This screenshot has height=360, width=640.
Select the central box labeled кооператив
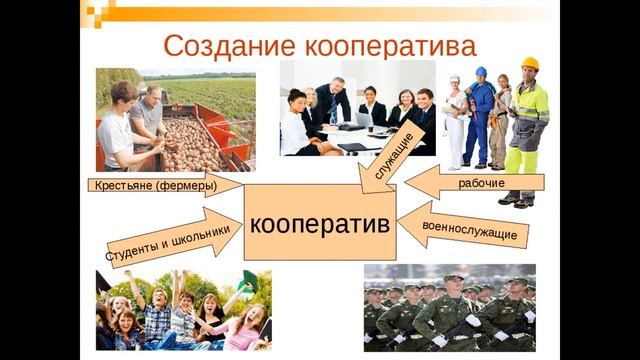pos(320,223)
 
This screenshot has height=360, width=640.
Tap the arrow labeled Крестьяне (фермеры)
pos(160,185)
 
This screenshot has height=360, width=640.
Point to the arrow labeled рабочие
pos(475,183)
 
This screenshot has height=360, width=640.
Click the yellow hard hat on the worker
pos(529,63)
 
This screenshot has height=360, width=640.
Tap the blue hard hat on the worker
pos(480,72)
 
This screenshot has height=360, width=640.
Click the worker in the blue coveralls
pos(480,115)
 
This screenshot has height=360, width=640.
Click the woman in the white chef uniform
pos(455,120)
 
